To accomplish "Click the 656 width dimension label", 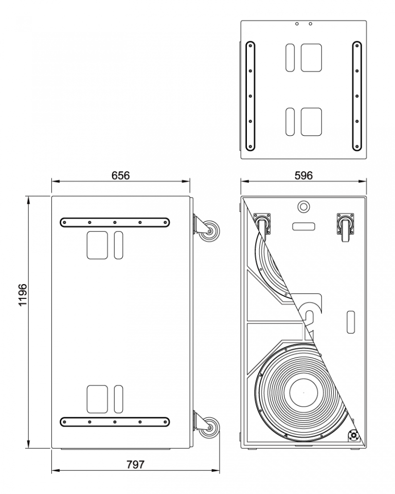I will (121, 175).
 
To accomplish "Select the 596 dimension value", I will (303, 175).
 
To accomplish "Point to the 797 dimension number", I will (135, 464).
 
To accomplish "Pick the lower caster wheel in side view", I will (209, 428).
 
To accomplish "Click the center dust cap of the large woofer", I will (303, 393).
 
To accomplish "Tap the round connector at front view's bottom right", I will (354, 436).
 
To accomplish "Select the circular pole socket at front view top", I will (303, 207).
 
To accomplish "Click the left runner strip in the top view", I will (250, 96).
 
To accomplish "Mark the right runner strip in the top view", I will (356, 96).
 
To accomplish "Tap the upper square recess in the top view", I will (311, 57).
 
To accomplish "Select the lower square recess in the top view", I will (311, 121).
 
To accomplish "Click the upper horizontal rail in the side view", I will (115, 222).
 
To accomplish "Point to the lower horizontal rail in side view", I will (115, 421).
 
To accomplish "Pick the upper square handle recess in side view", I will (97, 245).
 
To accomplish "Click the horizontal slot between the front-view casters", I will (303, 226).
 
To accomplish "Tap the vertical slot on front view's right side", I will (351, 322).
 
